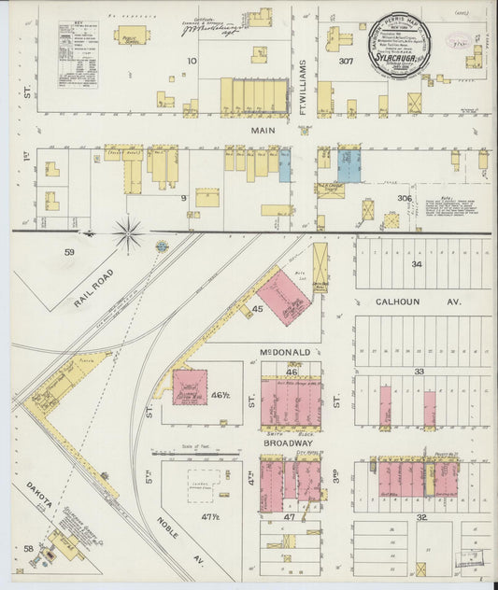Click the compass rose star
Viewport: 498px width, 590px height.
129,232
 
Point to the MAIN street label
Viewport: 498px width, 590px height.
263,131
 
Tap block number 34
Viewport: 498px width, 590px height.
418,264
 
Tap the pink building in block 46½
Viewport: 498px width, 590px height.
190,386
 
